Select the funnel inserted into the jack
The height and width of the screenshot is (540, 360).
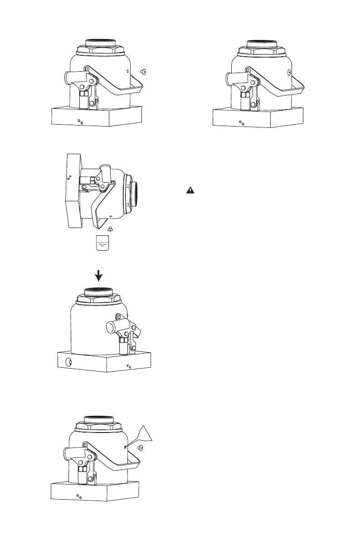pyautogui.click(x=145, y=436)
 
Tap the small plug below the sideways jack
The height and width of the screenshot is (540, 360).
pyautogui.click(x=110, y=229)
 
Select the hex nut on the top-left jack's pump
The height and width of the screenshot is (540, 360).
pyautogui.click(x=84, y=96)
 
